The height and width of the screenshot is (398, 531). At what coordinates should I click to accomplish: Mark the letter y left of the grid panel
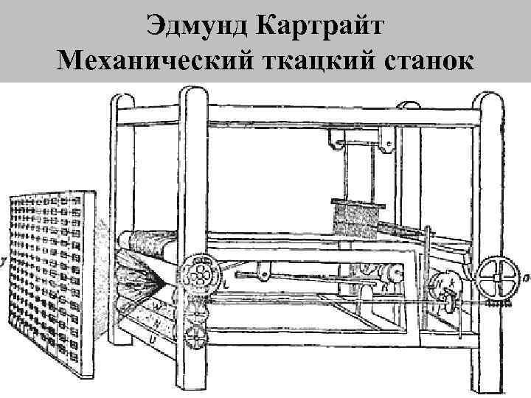(x=4, y=259)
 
